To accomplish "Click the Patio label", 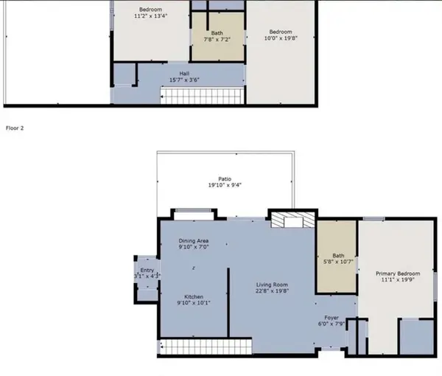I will pos(224,178).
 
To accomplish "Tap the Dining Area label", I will pos(194,241).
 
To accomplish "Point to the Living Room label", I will pos(272,285).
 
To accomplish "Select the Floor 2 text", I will pos(15,128).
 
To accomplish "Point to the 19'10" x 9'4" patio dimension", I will pos(224,186).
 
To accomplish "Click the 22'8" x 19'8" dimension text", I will pos(272,292).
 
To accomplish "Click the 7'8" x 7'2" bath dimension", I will pos(217,40).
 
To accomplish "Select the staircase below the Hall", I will pos(202,96).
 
